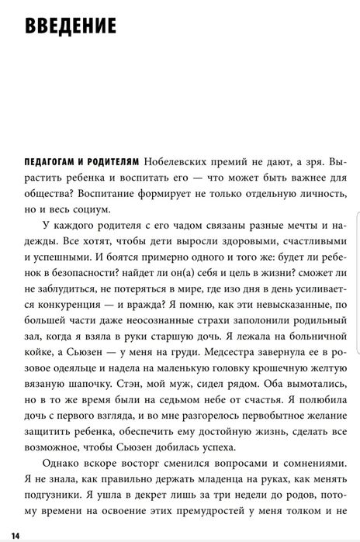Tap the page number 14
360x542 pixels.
coord(16,536)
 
